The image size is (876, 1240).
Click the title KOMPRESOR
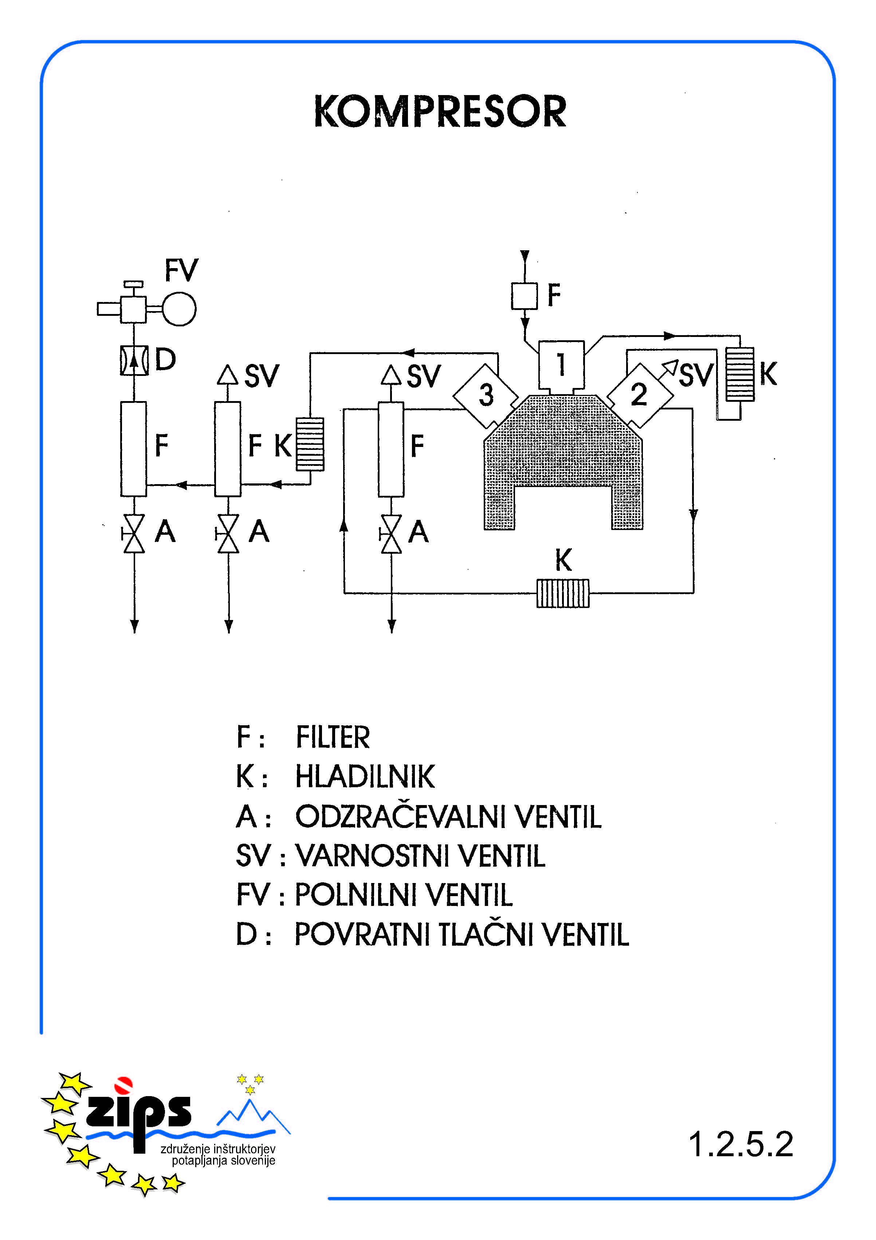click(440, 112)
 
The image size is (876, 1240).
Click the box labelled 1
click(561, 365)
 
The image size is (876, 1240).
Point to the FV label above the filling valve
click(181, 271)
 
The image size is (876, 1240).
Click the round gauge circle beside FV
click(179, 309)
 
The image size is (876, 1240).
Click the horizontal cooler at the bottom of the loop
click(563, 593)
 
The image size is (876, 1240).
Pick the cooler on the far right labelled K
click(740, 374)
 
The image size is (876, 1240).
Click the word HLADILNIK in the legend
click(365, 777)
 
